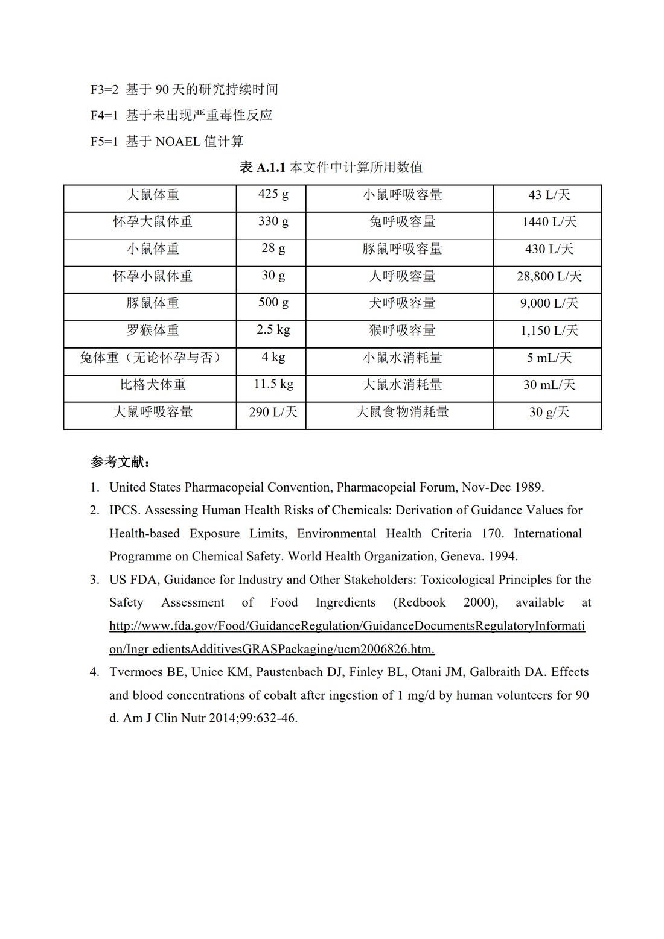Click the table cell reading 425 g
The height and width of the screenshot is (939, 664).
273,194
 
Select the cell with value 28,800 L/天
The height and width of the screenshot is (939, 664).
549,276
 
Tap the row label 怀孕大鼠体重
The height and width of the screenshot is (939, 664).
153,222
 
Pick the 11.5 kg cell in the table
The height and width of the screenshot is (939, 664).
273,384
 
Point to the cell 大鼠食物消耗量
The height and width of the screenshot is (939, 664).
402,412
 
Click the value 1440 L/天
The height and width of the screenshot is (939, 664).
549,222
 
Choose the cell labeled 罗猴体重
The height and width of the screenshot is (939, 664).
153,330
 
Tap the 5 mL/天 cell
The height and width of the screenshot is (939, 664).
549,358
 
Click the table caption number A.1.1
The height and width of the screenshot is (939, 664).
270,168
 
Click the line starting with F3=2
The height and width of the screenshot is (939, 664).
184,90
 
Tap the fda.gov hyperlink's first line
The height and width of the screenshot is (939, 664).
347,626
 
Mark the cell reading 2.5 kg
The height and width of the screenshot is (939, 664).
273,330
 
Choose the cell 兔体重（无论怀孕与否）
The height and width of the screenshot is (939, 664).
150,358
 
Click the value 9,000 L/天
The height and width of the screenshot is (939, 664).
549,303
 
